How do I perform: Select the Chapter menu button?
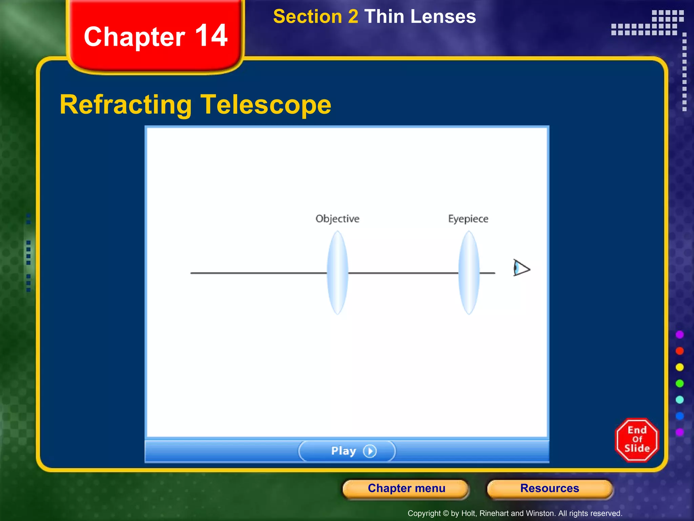click(x=406, y=488)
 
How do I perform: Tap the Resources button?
click(x=549, y=488)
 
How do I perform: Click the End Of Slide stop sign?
click(x=637, y=440)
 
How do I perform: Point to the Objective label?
click(x=337, y=219)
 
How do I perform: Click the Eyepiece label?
click(x=468, y=219)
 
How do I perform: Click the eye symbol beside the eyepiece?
click(x=520, y=268)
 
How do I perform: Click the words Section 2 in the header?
click(x=315, y=17)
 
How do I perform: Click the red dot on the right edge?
click(x=679, y=351)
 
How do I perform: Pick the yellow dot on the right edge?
click(x=679, y=367)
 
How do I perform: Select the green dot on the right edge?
click(x=679, y=383)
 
